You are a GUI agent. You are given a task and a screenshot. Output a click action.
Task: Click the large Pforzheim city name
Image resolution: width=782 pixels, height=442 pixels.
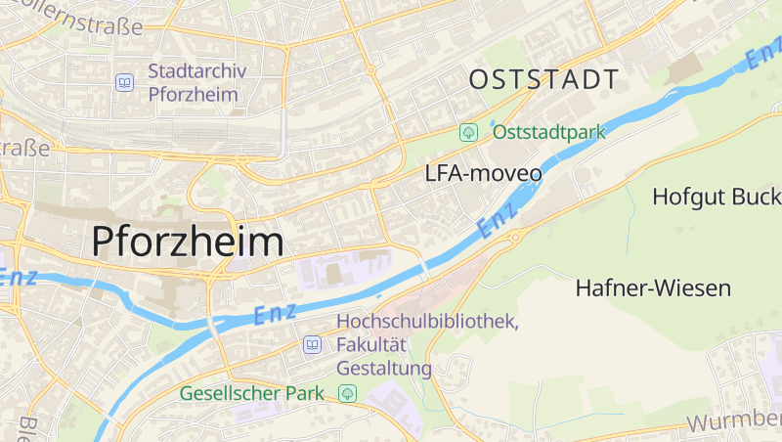[x=189, y=242]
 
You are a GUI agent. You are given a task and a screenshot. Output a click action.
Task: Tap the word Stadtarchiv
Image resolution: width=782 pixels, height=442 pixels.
[x=196, y=71]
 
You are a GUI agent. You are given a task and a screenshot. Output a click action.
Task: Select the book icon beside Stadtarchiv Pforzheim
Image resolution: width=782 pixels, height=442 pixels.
[x=124, y=82]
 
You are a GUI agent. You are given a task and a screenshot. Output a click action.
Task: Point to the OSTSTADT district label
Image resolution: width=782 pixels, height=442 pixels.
[x=543, y=79]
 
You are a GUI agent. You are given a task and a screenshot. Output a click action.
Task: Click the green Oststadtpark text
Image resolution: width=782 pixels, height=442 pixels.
[x=548, y=131]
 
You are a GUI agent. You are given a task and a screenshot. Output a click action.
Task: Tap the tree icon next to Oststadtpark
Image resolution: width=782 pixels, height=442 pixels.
[x=469, y=131]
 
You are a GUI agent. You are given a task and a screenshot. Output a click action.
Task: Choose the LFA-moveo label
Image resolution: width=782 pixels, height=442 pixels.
[x=483, y=174]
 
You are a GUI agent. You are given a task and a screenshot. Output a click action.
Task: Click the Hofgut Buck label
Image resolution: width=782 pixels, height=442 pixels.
[x=717, y=196]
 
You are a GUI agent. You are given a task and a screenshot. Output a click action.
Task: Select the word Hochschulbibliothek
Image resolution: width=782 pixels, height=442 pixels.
[x=427, y=321]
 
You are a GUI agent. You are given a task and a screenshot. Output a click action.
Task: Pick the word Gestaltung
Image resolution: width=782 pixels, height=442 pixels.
[x=384, y=369]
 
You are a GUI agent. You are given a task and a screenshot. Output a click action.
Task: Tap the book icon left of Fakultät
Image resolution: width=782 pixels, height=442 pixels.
[x=312, y=344]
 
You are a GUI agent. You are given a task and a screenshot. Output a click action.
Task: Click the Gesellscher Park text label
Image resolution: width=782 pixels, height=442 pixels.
[x=252, y=393]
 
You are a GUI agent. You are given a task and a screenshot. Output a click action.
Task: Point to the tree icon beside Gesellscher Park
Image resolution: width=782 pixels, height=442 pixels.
[x=346, y=393]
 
